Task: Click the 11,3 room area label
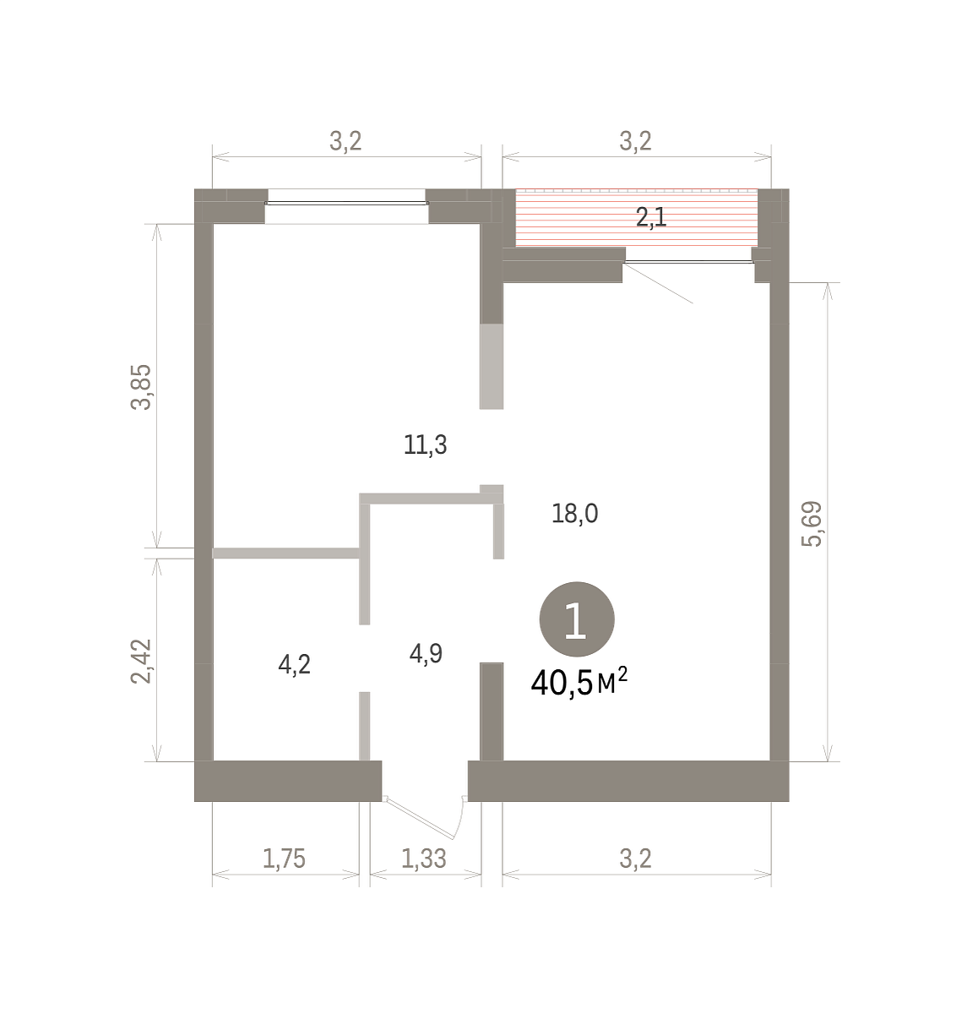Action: (426, 445)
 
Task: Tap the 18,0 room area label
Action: (575, 514)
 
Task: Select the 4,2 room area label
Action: (295, 665)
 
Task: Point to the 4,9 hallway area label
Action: (426, 654)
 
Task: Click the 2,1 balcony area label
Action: (651, 217)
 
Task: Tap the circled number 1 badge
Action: (577, 619)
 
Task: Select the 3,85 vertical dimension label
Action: (141, 387)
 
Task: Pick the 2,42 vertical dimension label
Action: (141, 662)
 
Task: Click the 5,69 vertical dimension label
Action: (812, 524)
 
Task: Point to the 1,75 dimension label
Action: (284, 859)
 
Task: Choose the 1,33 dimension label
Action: (424, 859)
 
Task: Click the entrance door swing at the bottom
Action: (426, 819)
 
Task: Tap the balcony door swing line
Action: (658, 283)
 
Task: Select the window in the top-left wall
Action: (346, 203)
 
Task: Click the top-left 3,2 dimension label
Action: (345, 141)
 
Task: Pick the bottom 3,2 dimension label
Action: (636, 859)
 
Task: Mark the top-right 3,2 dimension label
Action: (636, 141)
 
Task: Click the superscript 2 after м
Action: (622, 673)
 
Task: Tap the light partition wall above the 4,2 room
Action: (286, 553)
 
